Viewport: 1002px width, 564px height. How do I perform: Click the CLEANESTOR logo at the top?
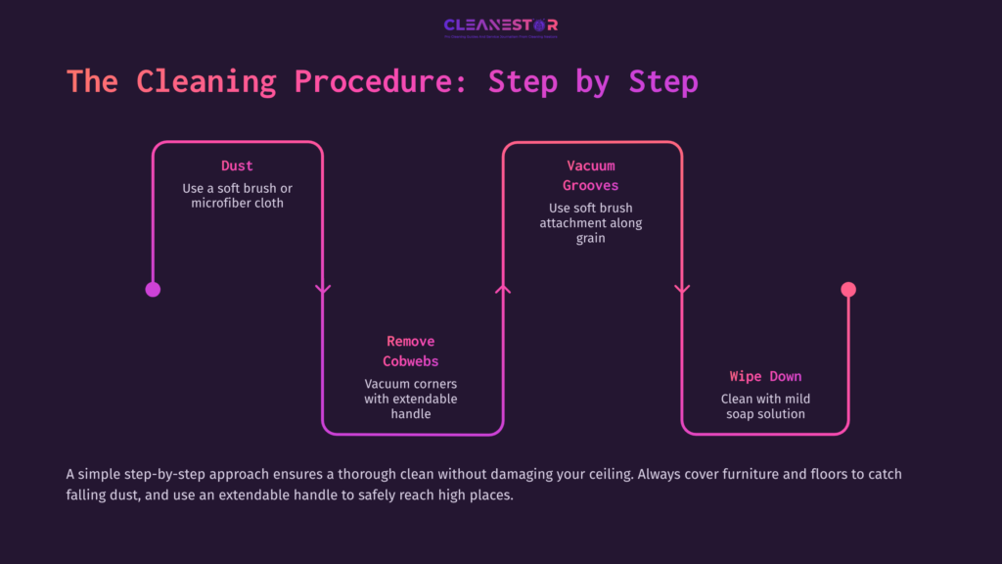tap(500, 25)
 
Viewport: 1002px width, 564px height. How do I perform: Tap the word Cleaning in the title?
tap(206, 81)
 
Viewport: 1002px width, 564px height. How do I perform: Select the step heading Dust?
tap(237, 165)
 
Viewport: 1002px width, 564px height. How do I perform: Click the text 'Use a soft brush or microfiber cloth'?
tap(237, 196)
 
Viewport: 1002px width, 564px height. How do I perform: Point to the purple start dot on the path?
tap(153, 289)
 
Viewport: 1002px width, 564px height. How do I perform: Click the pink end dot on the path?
tap(848, 289)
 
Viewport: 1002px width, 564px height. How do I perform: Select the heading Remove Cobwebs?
tap(411, 351)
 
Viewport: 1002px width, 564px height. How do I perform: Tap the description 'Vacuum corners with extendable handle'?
tap(411, 399)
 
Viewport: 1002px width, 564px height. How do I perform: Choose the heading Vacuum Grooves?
tap(590, 175)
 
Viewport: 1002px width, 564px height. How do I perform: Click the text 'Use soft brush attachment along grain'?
tap(590, 222)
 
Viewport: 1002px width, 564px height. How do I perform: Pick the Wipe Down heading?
tap(765, 376)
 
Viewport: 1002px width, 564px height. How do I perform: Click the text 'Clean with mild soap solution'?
tap(765, 406)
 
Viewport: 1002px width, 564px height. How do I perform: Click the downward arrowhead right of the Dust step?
tap(323, 289)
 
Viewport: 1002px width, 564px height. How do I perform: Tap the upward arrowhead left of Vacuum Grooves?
tap(503, 289)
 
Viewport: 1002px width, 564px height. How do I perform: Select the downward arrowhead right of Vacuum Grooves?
tap(682, 289)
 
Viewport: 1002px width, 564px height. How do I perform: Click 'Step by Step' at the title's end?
tap(593, 81)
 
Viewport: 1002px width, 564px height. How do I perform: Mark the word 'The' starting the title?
tap(92, 81)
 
